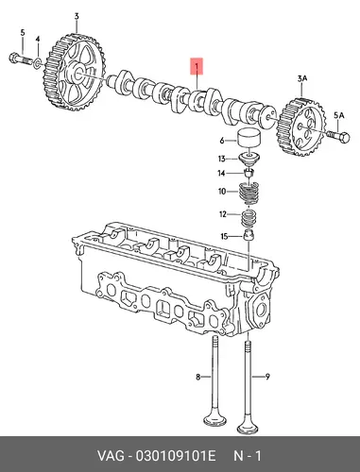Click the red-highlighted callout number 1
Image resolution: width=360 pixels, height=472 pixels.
197,66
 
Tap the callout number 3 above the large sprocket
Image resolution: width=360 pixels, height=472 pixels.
77,16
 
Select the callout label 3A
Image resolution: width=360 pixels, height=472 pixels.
302,79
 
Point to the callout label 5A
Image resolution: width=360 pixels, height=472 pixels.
338,116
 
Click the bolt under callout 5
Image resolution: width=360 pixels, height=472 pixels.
21,59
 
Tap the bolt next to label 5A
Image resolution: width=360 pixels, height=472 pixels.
339,137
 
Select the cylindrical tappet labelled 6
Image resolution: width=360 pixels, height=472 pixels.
249,138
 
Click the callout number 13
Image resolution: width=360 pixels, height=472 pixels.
222,159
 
